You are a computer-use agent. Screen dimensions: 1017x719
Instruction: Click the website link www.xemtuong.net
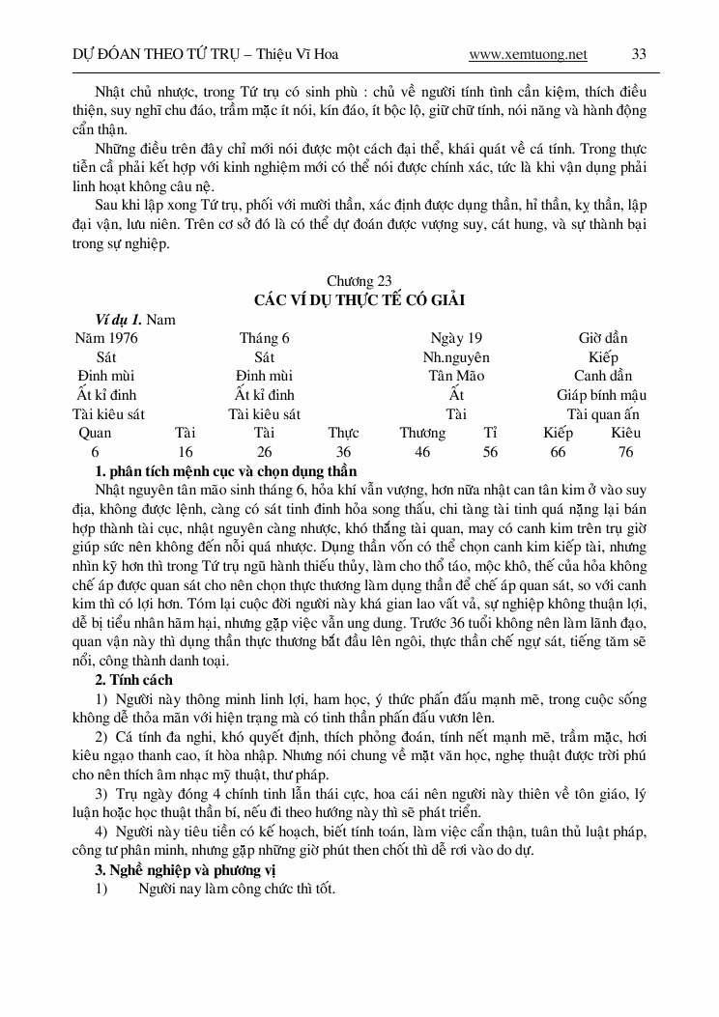(x=528, y=54)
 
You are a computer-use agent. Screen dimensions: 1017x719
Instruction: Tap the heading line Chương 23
(x=359, y=281)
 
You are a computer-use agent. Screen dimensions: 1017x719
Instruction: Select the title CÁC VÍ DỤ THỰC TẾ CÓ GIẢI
(x=359, y=300)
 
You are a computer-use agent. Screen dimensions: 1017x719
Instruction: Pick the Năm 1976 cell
(x=106, y=338)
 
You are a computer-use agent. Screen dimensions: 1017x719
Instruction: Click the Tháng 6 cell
(x=264, y=338)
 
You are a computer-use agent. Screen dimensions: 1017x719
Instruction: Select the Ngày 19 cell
(x=456, y=338)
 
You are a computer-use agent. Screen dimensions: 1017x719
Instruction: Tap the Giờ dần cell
(x=603, y=338)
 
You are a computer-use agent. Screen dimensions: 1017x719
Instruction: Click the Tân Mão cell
(x=456, y=376)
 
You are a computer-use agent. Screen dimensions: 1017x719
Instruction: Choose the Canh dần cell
(x=603, y=376)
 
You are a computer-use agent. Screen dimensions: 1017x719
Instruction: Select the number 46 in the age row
(x=422, y=452)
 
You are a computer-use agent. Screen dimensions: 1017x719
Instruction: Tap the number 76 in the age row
(x=626, y=452)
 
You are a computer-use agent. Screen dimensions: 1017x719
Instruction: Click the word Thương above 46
(x=422, y=433)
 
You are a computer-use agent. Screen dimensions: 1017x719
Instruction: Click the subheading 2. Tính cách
(x=133, y=680)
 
